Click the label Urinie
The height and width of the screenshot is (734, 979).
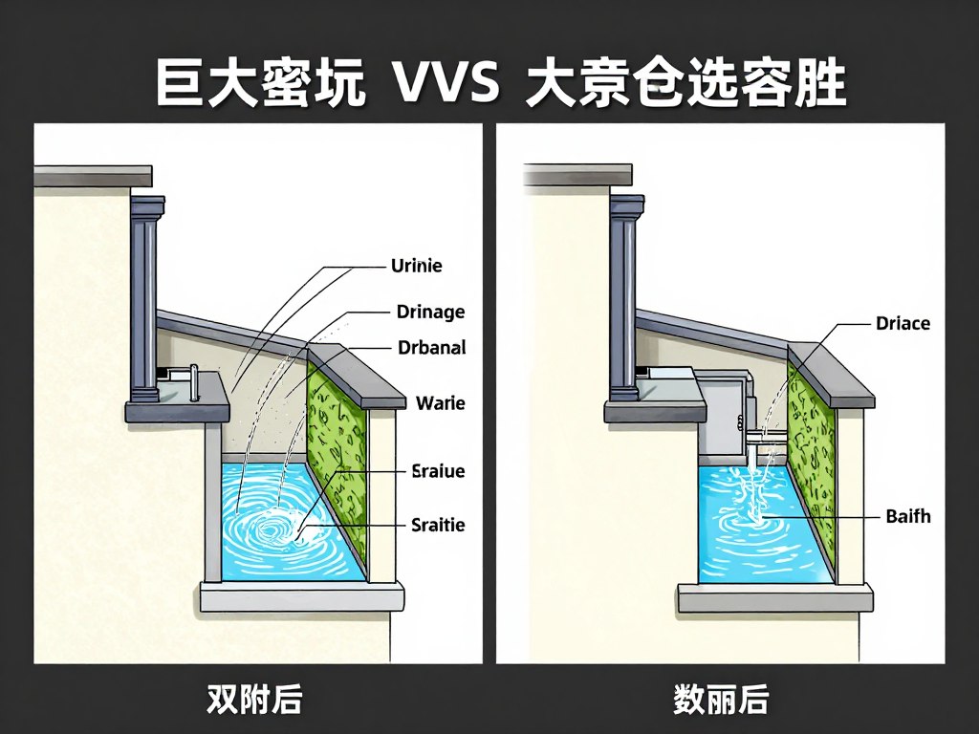coord(417,267)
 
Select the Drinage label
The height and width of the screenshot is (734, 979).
coord(430,312)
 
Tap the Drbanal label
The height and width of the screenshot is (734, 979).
coord(431,348)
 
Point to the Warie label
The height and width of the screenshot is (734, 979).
coord(441,403)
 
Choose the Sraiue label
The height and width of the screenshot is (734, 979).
coord(438,470)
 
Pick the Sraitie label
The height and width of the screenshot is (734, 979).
coord(438,525)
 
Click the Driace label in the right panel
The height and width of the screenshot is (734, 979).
coord(903,323)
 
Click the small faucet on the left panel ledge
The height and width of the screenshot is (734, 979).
coord(194,382)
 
